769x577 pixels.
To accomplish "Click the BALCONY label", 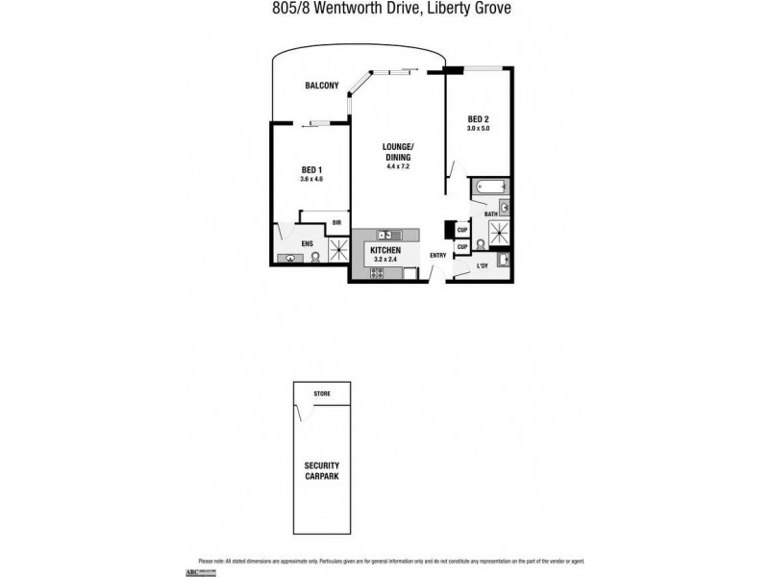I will click(321, 86).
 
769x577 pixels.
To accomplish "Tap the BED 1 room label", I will click(311, 170).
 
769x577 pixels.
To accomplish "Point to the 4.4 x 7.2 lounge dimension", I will click(398, 166).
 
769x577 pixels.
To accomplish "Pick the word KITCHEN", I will click(385, 249).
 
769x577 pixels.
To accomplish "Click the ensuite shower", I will click(339, 250).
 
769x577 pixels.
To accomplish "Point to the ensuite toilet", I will click(314, 257).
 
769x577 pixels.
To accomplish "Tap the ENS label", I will click(308, 244).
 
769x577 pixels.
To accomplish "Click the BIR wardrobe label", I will click(336, 223).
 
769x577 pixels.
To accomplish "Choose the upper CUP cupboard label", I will click(461, 229).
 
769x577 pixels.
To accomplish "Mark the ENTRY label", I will click(437, 255).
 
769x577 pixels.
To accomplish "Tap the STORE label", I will click(321, 394).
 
